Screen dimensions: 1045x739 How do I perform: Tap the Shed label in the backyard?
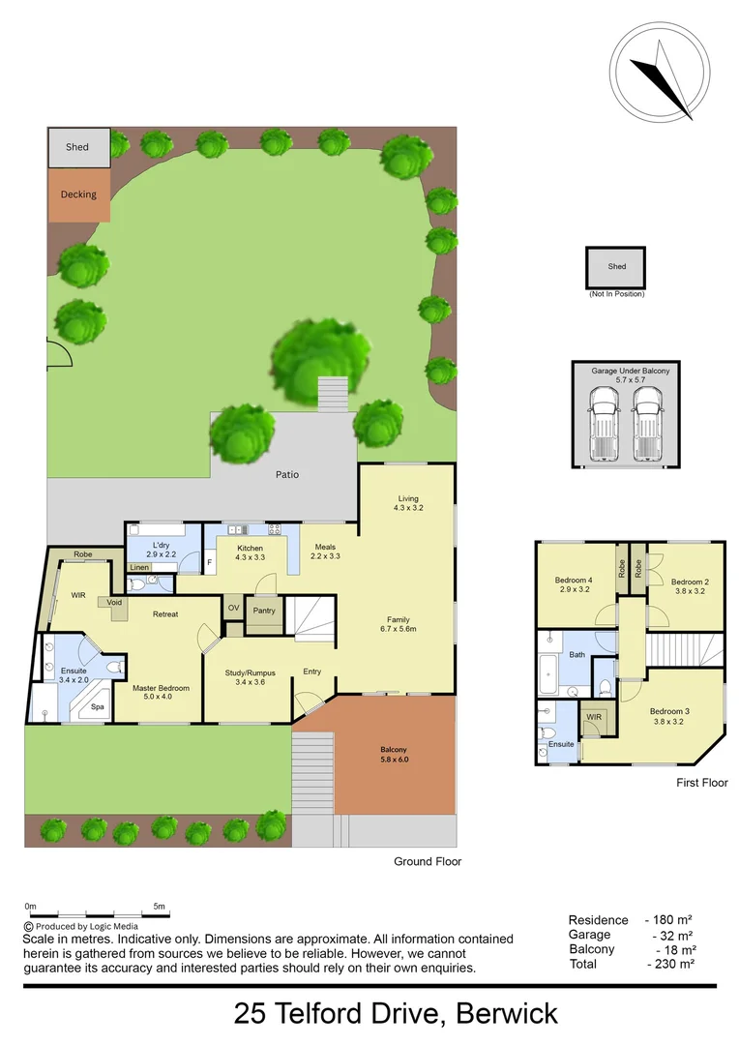tap(77, 147)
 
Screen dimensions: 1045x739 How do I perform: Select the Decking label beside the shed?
tap(78, 194)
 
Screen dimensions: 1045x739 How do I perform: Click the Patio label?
tap(286, 475)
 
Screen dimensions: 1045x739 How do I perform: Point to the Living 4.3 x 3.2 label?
tap(407, 503)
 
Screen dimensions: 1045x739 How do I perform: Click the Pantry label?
tap(263, 611)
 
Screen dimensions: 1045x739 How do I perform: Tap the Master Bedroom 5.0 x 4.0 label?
tap(161, 693)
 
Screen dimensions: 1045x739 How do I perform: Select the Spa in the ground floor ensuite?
tap(98, 707)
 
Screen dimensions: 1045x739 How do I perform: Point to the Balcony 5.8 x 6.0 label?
tap(393, 756)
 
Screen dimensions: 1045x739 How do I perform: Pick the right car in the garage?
tap(646, 423)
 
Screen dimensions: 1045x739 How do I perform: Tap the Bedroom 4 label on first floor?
tap(574, 584)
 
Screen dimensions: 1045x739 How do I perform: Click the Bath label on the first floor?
tap(577, 655)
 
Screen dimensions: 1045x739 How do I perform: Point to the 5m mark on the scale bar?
tap(160, 908)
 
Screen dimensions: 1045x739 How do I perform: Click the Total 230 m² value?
tap(674, 964)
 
